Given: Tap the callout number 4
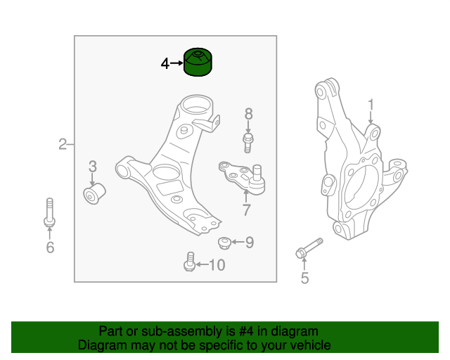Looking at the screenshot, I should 165,64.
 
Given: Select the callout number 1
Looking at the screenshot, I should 371,105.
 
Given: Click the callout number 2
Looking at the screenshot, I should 63,145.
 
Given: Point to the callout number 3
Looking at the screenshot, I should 92,167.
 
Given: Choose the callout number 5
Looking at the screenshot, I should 304,278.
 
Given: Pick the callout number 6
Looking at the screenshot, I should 50,247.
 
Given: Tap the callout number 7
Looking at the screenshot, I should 246,210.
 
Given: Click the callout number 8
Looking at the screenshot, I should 248,115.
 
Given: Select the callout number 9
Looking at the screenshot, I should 249,243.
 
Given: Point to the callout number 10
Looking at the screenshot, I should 217,265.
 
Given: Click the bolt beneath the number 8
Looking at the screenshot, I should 247,143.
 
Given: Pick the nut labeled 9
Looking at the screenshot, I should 224,243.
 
